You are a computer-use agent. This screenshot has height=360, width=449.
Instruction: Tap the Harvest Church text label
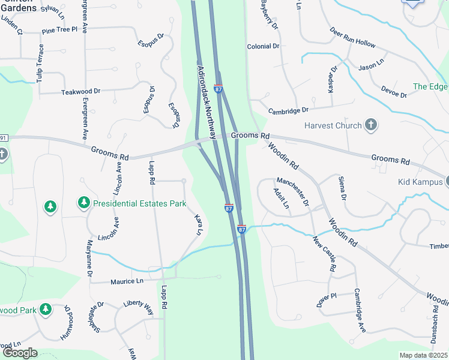333,125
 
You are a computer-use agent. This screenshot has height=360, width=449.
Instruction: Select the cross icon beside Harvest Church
372,125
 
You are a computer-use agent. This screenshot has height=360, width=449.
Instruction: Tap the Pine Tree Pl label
60,29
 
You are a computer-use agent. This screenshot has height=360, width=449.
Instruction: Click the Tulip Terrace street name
40,63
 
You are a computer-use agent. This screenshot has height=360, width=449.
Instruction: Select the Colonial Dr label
264,46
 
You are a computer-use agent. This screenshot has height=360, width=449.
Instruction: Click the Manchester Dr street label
292,191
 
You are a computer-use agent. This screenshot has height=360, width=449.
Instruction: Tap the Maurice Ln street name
127,281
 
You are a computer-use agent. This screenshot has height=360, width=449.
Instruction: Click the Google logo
19,353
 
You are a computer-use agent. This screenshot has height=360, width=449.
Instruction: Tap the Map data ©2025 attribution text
423,355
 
